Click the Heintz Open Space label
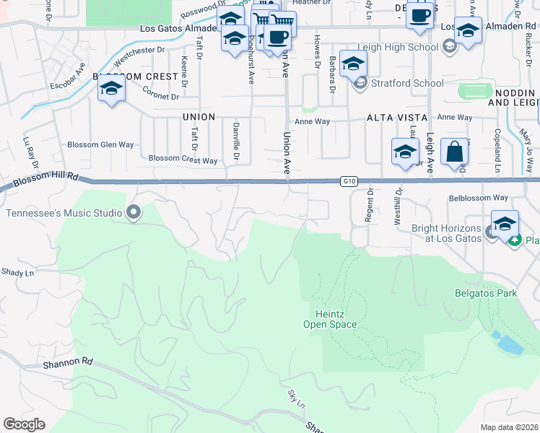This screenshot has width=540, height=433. click(336, 319)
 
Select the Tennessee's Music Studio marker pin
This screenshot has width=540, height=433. click(133, 212)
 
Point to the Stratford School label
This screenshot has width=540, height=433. click(408, 83)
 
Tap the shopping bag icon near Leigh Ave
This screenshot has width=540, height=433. click(454, 152)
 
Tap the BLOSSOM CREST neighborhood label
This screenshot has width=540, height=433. click(136, 76)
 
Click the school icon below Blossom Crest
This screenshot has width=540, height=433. click(111, 90)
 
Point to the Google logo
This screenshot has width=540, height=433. click(24, 424)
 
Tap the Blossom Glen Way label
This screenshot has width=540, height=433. click(100, 144)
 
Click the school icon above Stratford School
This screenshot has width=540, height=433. click(353, 64)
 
